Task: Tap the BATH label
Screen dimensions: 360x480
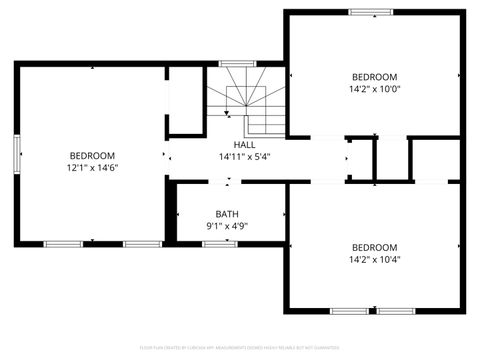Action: pos(227,214)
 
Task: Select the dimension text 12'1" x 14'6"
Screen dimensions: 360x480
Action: pos(92,168)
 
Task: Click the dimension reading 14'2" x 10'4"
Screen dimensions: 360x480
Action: pos(374,260)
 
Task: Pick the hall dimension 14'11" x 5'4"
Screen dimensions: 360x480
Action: pos(244,156)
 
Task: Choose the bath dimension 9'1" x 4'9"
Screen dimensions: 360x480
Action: pos(227,227)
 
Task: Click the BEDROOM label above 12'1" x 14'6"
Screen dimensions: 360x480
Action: pos(92,155)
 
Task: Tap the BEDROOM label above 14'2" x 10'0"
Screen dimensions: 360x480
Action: pos(374,77)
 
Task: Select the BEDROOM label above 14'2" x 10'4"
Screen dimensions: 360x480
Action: pos(374,247)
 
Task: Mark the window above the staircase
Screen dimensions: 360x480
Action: pos(237,65)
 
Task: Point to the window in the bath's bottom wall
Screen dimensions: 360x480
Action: pos(220,243)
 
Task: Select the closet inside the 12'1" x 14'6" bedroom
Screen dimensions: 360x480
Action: pos(185,100)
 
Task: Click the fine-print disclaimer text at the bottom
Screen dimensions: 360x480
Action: pos(240,349)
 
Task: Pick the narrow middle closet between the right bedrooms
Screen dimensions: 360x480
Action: pos(391,159)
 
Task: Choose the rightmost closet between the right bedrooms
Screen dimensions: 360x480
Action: pos(436,159)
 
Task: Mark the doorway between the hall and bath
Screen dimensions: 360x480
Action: pos(228,182)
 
